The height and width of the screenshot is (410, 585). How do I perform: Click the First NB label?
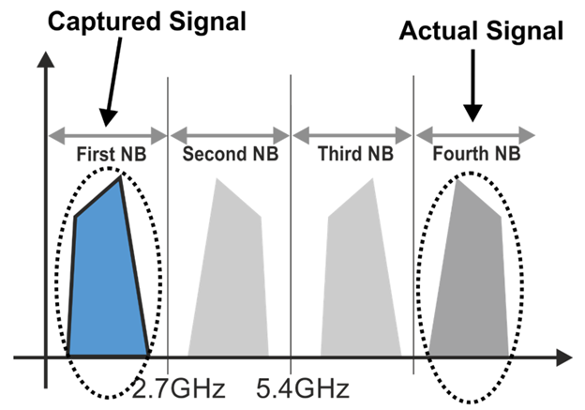(108, 152)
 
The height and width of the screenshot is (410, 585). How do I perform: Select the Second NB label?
(228, 152)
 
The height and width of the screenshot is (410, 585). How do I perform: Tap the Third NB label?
(352, 152)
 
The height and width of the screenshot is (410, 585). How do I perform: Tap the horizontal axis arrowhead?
(563, 357)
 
